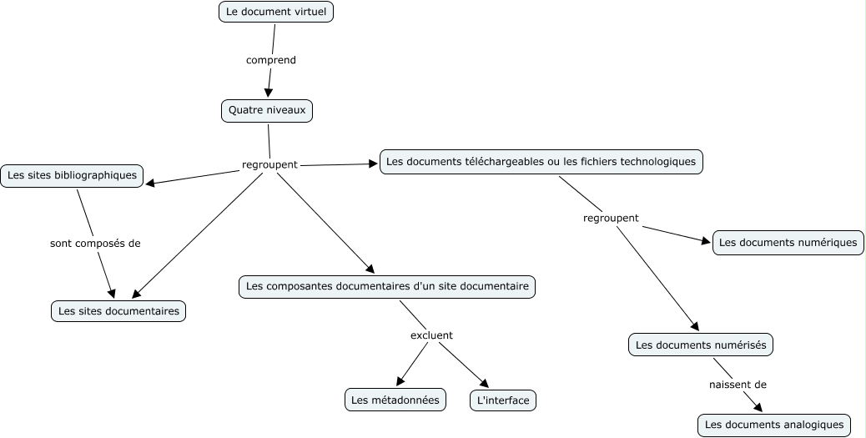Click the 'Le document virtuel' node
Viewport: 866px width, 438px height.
[x=276, y=12]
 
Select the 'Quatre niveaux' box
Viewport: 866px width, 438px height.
[x=267, y=110]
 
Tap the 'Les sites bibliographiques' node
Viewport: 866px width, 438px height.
[x=72, y=176]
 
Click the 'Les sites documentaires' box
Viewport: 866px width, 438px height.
[x=118, y=311]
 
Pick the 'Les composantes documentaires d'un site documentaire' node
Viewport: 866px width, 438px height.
[x=386, y=286]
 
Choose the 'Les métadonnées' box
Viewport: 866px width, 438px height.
[x=395, y=400]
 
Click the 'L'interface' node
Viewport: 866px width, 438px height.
[x=502, y=400]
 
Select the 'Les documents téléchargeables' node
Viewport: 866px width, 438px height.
[x=541, y=162]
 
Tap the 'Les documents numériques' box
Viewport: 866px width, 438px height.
[x=788, y=243]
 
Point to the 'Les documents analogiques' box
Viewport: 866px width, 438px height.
[x=774, y=425]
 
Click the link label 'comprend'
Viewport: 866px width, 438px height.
[x=271, y=60]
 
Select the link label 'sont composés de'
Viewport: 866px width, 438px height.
[x=95, y=244]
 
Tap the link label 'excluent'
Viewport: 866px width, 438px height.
[x=431, y=335]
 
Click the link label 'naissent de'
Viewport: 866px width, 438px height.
[x=738, y=385]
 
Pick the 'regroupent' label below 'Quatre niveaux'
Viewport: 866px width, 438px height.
[x=269, y=164]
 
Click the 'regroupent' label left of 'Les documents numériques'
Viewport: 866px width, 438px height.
[x=611, y=218]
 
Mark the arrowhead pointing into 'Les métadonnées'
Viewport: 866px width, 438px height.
[x=400, y=382]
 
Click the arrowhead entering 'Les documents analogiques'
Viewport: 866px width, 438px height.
[x=758, y=407]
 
